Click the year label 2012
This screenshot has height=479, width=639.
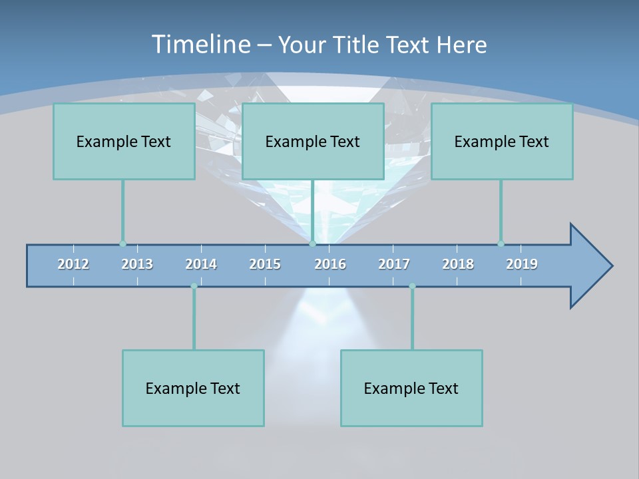point(73,264)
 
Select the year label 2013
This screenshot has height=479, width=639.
point(137,264)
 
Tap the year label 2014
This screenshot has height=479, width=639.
point(201,264)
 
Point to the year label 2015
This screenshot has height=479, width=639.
point(265,264)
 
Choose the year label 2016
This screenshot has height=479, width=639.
point(330,264)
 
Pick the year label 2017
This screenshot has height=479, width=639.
point(394,264)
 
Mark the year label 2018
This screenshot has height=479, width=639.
point(458,264)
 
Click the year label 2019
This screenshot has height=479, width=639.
point(522,264)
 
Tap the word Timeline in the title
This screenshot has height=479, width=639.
point(200,45)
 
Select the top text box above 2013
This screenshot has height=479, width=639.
point(124,141)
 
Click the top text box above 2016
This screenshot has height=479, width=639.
point(313,141)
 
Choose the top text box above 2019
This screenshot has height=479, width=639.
point(502,141)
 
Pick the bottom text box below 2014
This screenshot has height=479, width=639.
point(193,388)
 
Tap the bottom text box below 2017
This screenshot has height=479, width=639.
point(411,388)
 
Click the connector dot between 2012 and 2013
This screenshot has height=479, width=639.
point(122,243)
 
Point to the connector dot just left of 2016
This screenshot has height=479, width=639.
point(312,243)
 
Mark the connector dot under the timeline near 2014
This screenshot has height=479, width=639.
point(194,286)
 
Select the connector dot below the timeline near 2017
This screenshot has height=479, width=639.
point(412,286)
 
